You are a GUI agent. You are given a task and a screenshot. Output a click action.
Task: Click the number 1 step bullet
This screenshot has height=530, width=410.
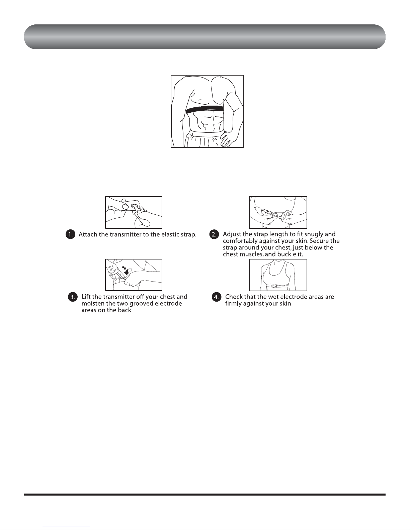[x=71, y=234]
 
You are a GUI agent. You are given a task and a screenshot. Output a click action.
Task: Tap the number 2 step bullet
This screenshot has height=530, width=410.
[x=214, y=234]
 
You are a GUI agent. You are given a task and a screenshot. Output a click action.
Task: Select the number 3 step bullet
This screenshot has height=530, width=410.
[x=73, y=297]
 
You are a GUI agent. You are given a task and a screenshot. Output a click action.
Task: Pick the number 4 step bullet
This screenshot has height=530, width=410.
[x=216, y=297]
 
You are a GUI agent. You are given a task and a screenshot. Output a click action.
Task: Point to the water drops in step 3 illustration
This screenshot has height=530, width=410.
[x=124, y=268]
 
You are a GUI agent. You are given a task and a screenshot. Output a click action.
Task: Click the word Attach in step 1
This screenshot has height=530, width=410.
[x=88, y=234]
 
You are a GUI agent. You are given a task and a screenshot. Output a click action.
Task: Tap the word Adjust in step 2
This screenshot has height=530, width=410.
[x=232, y=234]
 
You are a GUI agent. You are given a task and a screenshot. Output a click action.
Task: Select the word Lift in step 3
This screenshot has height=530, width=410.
[x=86, y=297]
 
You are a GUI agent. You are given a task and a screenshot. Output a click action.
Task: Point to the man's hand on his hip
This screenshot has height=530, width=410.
[x=227, y=139]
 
